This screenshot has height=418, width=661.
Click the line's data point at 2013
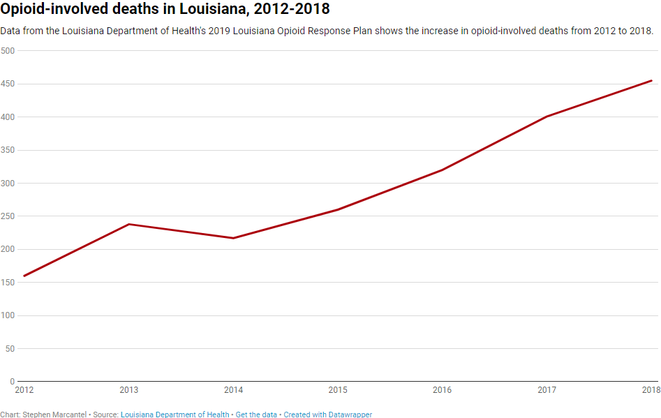point(128,224)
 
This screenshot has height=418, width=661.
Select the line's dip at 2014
point(233,238)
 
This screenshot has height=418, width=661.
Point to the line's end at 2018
point(651,80)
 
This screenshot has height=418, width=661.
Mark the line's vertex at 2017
point(547,116)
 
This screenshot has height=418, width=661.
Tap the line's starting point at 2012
point(24,276)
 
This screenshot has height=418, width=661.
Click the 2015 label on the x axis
point(338,390)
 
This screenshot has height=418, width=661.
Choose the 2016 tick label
point(443,390)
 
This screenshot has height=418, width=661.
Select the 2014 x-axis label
point(233,390)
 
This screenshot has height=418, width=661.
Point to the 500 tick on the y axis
point(8,51)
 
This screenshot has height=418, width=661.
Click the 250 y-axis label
point(8,216)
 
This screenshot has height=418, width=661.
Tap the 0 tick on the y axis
point(12,382)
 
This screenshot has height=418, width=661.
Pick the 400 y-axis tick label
point(8,117)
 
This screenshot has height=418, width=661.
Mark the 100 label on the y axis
point(8,315)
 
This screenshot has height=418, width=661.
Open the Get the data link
point(256,415)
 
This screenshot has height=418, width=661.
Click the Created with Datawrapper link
point(327,415)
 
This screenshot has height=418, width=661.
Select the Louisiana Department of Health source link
point(174,415)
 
